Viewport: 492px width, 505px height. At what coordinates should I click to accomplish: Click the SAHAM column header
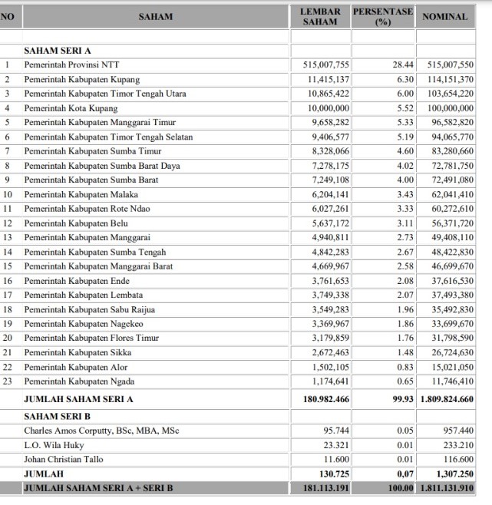[156, 17]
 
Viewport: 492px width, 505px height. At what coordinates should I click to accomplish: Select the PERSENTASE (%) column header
[382, 17]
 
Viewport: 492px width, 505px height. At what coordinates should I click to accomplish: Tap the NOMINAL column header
[445, 17]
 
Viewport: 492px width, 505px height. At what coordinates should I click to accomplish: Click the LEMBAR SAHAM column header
[320, 17]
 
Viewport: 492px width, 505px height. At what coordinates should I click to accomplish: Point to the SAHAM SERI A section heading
[58, 51]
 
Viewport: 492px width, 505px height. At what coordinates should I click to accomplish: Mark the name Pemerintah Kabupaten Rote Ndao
[85, 209]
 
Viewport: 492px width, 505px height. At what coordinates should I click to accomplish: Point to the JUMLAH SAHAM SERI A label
[79, 399]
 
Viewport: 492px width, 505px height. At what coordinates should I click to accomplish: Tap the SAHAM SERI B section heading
[58, 416]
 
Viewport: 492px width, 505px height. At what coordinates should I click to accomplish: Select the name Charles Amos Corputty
[101, 431]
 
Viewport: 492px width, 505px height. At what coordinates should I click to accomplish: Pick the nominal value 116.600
[456, 459]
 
